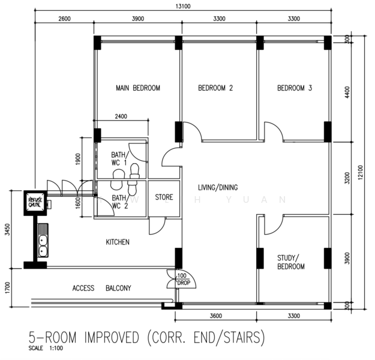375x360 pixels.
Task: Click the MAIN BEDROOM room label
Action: coord(138,88)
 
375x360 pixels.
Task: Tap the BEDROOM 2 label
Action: coord(215,88)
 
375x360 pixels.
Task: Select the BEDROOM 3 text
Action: coord(294,88)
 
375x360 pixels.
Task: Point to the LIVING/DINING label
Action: coord(218,188)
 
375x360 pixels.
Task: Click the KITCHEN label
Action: coord(118,242)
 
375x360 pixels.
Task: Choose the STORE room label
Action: coord(164,197)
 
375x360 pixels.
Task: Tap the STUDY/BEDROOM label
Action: coord(292,262)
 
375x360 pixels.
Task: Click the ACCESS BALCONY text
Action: coord(101,288)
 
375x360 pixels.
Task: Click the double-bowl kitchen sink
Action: coord(43,241)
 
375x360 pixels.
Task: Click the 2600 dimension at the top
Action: coord(65,19)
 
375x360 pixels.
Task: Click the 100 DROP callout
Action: coord(182,278)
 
